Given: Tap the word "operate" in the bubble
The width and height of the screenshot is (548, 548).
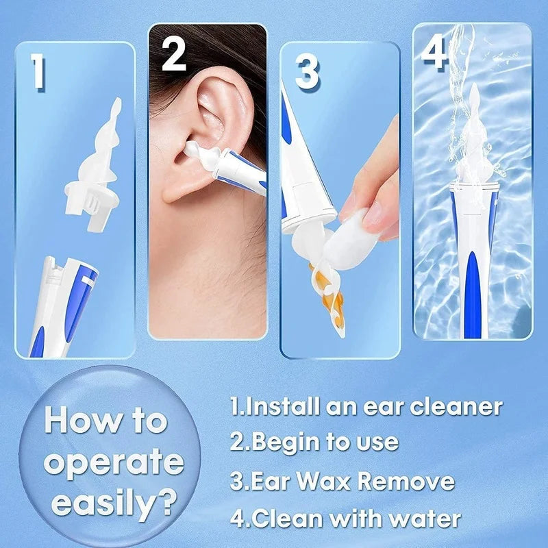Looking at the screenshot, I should pyautogui.click(x=114, y=463).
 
